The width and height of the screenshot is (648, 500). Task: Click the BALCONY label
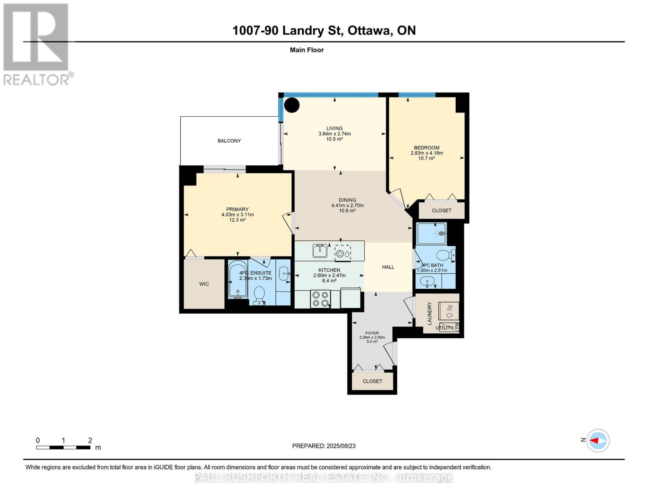pos(229,141)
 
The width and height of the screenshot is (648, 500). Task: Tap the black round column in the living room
pos(292,105)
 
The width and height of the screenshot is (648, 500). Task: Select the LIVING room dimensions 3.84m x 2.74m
pos(334,134)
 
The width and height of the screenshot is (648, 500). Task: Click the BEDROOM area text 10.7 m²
pos(426,158)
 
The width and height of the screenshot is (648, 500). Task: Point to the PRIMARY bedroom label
pos(237,209)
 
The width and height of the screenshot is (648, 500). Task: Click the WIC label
pos(204,284)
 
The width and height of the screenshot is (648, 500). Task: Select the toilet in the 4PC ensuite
pos(259,295)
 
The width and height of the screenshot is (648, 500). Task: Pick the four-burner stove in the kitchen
pos(320,299)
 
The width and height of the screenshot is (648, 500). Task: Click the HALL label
pos(388,267)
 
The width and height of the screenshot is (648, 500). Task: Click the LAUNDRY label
pos(429,313)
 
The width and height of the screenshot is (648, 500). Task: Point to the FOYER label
pos(372,333)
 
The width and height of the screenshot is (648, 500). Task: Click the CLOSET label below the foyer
pos(372,381)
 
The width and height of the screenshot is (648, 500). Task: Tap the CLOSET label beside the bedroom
pos(441,210)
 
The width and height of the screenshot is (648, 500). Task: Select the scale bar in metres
pos(63,447)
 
